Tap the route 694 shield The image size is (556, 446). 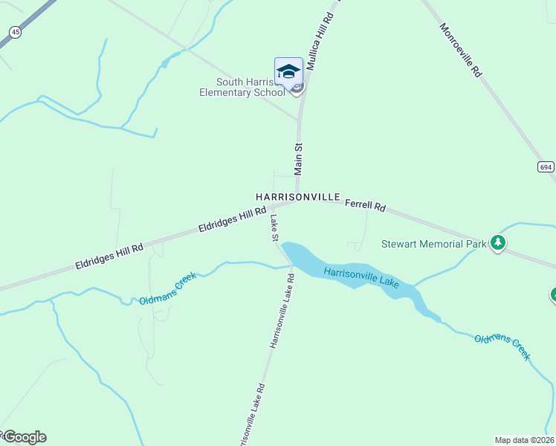546,167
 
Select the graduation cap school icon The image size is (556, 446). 288,72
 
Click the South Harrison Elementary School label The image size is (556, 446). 243,87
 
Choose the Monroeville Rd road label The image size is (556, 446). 461,51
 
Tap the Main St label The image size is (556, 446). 299,159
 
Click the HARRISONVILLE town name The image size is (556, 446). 297,197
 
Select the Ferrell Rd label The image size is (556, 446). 365,204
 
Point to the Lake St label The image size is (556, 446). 274,228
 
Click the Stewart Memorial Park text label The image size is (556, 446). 433,243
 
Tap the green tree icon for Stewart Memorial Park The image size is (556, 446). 497,242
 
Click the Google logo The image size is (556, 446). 24,437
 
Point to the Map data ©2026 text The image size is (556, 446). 524,439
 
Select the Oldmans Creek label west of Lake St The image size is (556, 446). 168,288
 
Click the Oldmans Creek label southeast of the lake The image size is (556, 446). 502,348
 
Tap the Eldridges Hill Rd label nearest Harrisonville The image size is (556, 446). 233,222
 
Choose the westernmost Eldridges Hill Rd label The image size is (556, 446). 109,256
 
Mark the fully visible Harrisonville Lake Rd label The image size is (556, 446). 282,311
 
